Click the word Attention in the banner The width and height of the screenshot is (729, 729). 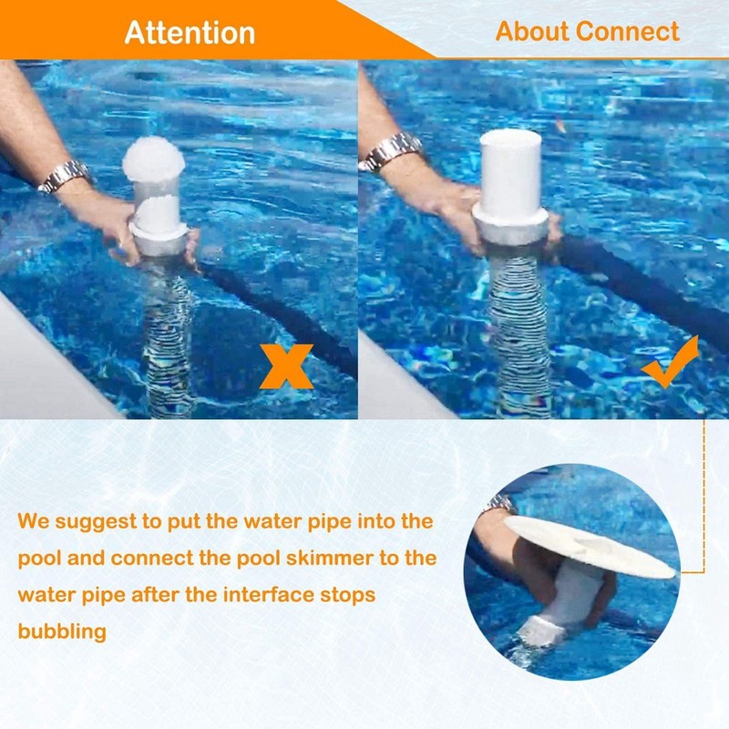pos(190,32)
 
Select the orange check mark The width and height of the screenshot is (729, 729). pos(670,362)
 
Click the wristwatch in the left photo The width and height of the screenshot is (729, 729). pos(66,175)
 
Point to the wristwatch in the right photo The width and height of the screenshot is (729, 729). pos(392,151)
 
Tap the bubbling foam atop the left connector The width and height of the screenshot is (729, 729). pos(154,160)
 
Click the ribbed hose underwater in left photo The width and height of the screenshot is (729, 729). pos(169,337)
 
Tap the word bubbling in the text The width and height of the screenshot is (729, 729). pos(62,631)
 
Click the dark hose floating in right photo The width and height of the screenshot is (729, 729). pos(638,282)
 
